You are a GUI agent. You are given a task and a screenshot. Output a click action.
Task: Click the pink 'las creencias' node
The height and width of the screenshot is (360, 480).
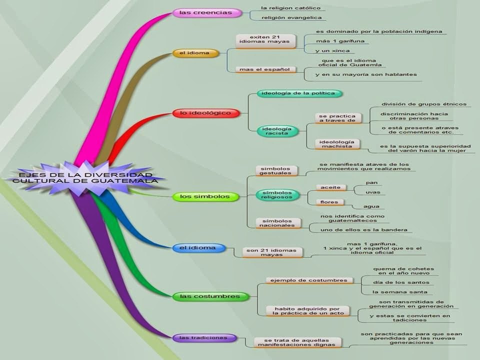pos(206,13)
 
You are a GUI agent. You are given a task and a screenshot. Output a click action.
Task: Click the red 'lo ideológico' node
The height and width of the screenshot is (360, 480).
pos(205,113)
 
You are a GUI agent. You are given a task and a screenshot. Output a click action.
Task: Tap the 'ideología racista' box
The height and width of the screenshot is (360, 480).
pos(274,131)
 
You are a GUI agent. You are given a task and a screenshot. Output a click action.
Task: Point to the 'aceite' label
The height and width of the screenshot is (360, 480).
pos(330,187)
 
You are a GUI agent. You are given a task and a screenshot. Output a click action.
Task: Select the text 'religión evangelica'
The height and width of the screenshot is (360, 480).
pos(287,18)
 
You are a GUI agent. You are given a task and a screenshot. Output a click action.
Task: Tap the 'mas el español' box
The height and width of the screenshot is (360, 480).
pos(264,69)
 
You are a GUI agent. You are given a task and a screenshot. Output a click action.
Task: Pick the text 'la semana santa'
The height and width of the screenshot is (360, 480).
pos(393,291)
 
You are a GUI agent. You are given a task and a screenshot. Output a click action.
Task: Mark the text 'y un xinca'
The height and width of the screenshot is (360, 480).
pos(328,51)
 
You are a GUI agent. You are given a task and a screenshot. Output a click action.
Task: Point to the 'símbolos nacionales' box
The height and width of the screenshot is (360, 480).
pos(278,222)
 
